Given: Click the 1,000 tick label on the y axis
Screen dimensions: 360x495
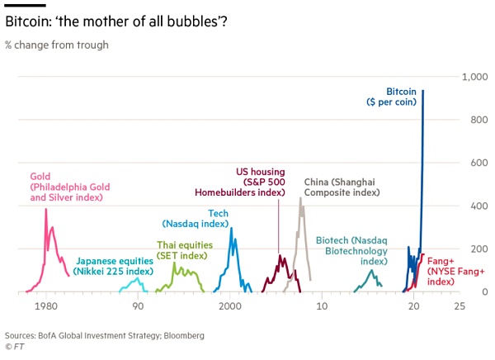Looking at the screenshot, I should pyautogui.click(x=475, y=77).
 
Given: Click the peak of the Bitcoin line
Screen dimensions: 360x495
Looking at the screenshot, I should pyautogui.click(x=423, y=91).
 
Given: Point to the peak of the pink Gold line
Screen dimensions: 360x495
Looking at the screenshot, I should pyautogui.click(x=46, y=210).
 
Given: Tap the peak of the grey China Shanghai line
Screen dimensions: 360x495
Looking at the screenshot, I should pyautogui.click(x=300, y=198).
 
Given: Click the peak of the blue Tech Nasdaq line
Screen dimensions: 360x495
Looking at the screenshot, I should pyautogui.click(x=231, y=229).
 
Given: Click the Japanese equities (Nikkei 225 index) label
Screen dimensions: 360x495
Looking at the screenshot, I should pyautogui.click(x=113, y=266).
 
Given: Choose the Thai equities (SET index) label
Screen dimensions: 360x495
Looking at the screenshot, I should pyautogui.click(x=185, y=249).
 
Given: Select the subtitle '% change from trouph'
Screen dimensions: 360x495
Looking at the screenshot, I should pyautogui.click(x=57, y=45).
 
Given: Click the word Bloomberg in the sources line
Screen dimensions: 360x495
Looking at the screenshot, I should pyautogui.click(x=183, y=336).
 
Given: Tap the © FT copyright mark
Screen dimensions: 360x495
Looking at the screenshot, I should pyautogui.click(x=15, y=348).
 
